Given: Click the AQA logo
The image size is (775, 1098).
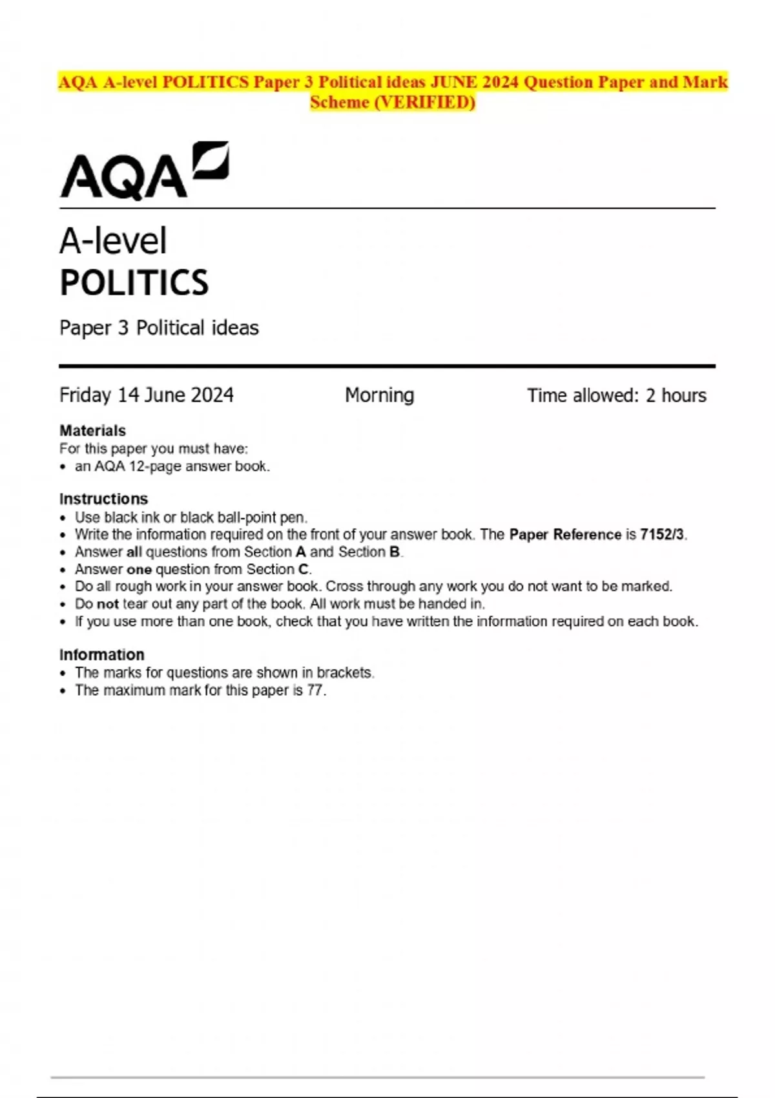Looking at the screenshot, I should (x=144, y=171).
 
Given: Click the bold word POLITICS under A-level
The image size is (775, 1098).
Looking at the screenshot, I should (x=134, y=283).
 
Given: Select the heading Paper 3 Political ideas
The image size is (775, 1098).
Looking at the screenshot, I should (x=159, y=328).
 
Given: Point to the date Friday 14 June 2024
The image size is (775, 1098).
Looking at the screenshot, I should (x=147, y=395).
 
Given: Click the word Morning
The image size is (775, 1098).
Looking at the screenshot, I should (x=379, y=395).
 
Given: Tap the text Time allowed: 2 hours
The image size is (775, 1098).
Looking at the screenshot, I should (x=616, y=395).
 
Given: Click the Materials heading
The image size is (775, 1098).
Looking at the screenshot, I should (x=92, y=431).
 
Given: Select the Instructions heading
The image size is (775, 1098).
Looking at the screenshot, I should (x=103, y=499).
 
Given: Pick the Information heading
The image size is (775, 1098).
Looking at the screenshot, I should (x=101, y=655).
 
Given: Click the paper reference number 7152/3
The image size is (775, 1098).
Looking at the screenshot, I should (x=662, y=535).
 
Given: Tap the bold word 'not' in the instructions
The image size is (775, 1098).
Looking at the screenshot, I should (x=107, y=604).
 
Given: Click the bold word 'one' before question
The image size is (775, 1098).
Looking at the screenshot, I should (x=139, y=570).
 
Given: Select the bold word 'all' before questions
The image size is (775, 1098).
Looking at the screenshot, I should (x=134, y=552).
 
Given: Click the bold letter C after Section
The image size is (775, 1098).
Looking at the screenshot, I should (x=303, y=570).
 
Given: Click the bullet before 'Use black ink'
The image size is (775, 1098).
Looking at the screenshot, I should (x=63, y=518).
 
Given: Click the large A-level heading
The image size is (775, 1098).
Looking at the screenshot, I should (x=113, y=241).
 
